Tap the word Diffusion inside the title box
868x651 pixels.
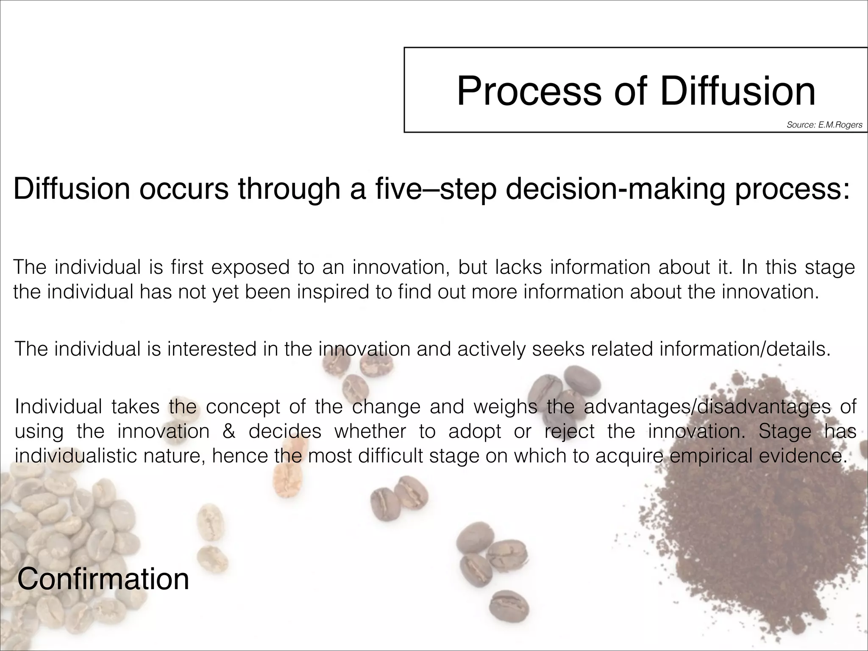pos(737,91)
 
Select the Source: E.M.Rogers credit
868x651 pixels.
pos(824,125)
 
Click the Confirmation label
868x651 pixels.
pos(103,579)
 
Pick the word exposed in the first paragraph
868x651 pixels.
pos(250,267)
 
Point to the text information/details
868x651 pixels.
pos(744,349)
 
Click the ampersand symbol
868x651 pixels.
pos(229,431)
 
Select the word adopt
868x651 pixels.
pos(475,431)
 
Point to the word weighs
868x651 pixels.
pos(505,406)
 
